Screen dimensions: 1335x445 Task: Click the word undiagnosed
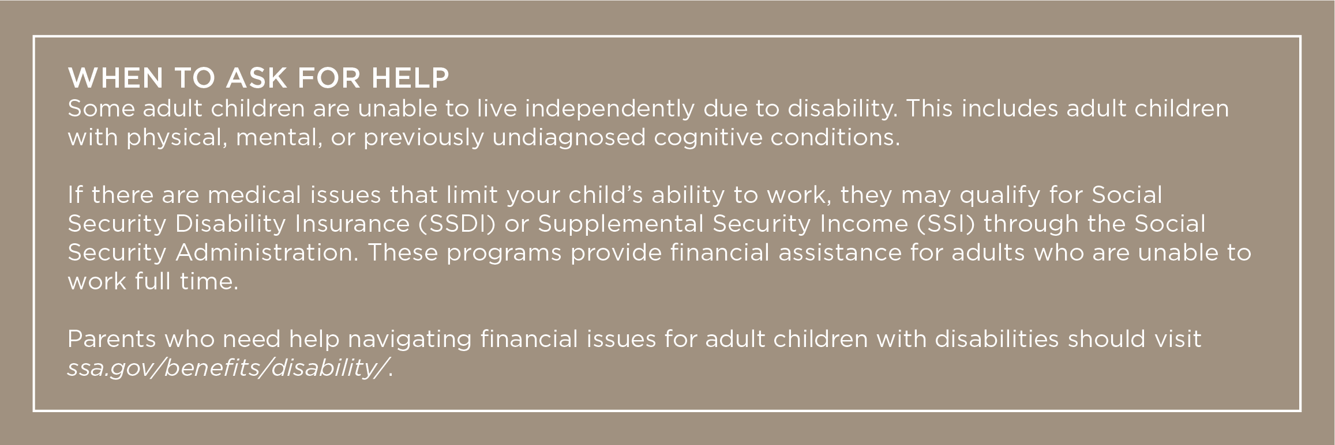(x=569, y=139)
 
